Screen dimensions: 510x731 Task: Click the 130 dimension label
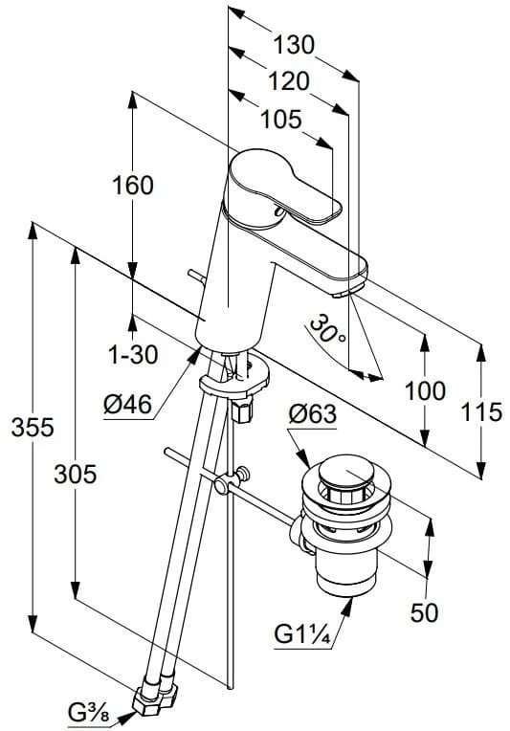click(293, 45)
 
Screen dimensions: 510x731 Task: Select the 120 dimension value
click(289, 81)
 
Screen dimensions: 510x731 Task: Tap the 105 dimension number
click(280, 120)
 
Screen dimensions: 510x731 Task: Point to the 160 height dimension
click(133, 186)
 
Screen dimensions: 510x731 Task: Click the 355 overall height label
click(33, 427)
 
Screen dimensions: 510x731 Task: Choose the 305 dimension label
click(75, 475)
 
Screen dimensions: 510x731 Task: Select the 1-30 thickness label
click(133, 355)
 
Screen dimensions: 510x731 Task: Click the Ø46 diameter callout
click(127, 404)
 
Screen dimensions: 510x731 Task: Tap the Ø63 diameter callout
click(312, 413)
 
